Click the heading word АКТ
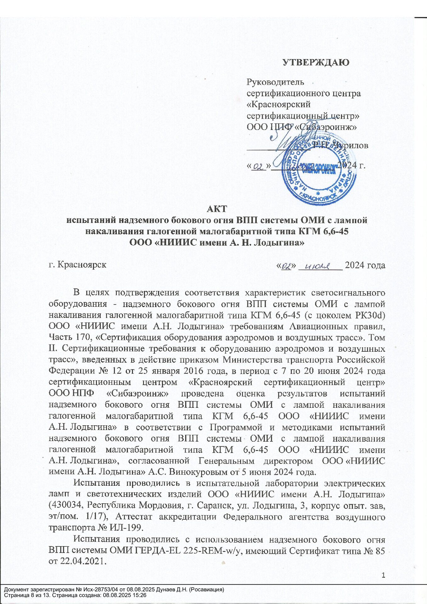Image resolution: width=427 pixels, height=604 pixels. (x=217, y=209)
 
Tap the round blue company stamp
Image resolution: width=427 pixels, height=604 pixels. (x=319, y=170)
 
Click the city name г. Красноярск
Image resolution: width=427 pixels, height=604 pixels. (x=77, y=265)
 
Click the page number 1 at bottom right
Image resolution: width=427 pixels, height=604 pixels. (x=383, y=575)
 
